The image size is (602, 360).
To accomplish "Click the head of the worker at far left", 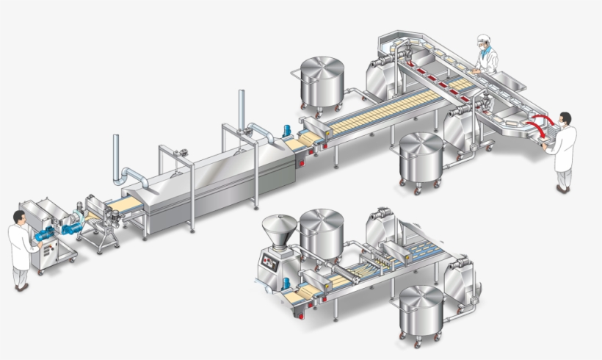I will (x=19, y=217).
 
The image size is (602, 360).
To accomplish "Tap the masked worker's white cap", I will (x=482, y=38).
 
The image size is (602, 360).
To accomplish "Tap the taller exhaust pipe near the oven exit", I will (x=241, y=107).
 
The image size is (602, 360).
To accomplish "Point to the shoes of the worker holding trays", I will (x=562, y=189).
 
